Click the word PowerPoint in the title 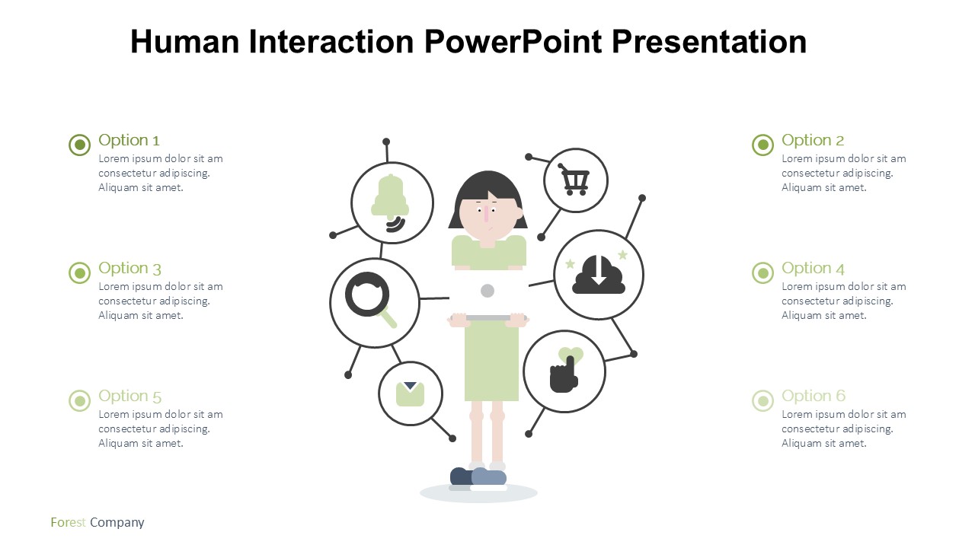[513, 42]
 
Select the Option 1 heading [129, 140]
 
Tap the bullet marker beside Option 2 [762, 145]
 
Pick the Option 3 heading [129, 269]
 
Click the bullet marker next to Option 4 [762, 272]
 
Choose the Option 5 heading [129, 397]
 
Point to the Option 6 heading [813, 396]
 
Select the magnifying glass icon [370, 300]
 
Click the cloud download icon [599, 275]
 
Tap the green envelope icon [410, 394]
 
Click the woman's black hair [487, 191]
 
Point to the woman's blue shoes [478, 476]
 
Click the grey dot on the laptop [487, 291]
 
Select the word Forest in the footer [68, 522]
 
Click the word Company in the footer [117, 523]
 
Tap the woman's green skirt [491, 361]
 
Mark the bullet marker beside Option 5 [80, 400]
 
